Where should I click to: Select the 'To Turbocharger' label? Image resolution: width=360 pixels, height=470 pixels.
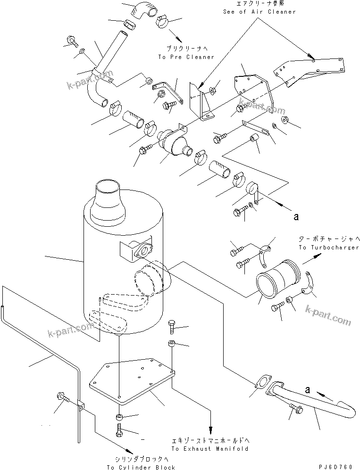(x=328, y=247)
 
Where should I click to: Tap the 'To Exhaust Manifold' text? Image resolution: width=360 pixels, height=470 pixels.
(x=210, y=449)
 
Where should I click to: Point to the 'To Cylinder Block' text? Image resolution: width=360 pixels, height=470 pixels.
(x=141, y=467)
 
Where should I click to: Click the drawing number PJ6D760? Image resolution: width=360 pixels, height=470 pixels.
(x=335, y=466)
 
